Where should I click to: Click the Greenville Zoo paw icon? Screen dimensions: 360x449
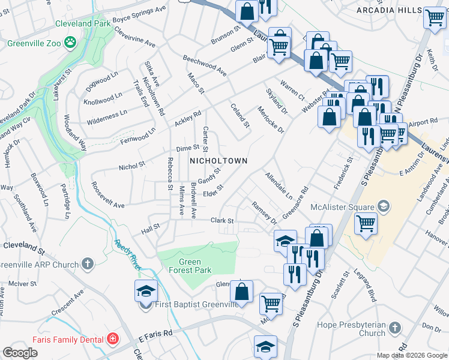71,43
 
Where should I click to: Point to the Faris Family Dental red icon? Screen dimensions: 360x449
112,338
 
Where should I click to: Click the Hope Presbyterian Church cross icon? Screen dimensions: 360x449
394,328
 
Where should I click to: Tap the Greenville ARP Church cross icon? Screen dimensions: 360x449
88,264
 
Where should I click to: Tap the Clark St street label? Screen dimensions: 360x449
221,221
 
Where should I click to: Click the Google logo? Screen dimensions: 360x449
20,353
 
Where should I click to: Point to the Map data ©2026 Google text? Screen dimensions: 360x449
411,355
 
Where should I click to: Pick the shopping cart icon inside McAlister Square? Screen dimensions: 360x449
366,223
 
